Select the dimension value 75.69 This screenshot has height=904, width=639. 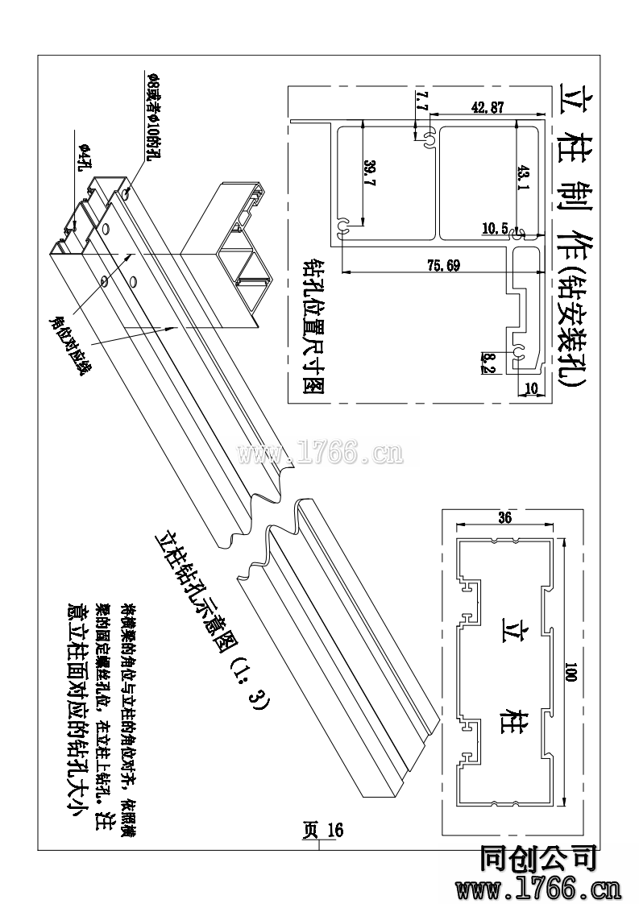[x=442, y=267]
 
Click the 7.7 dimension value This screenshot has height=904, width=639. [x=419, y=102]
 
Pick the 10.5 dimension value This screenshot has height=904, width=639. [x=494, y=229]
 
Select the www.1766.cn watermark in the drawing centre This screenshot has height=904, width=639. [x=320, y=453]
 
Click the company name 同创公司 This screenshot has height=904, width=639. [x=538, y=860]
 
